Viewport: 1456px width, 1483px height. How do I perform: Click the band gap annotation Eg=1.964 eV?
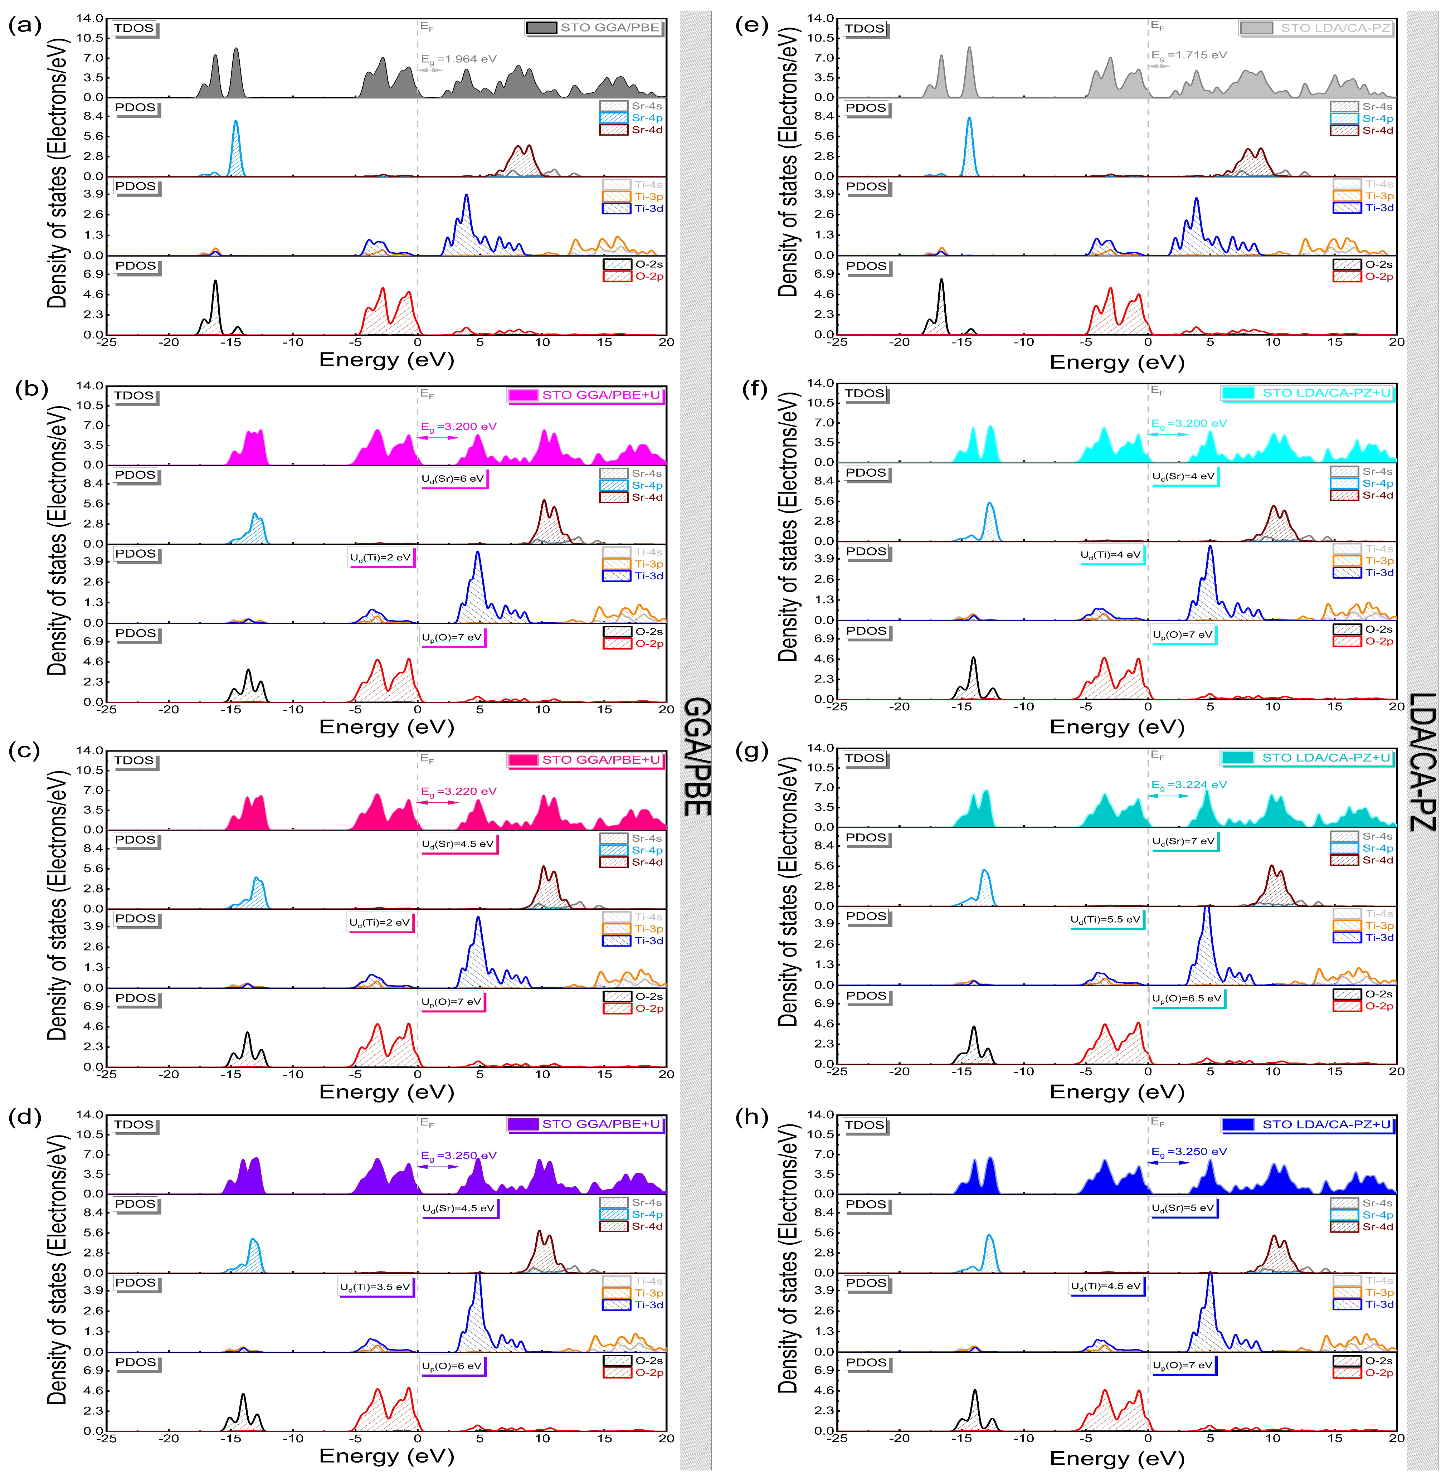tap(458, 59)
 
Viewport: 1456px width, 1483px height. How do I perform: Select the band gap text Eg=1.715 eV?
tap(1189, 55)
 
